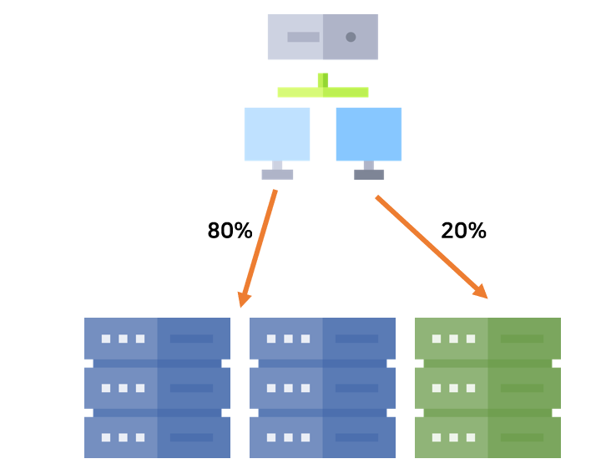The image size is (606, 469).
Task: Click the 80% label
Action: click(x=230, y=232)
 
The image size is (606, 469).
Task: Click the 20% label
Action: click(x=463, y=232)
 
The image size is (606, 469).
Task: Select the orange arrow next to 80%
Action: click(x=259, y=247)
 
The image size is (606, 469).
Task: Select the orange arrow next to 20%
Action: click(x=429, y=245)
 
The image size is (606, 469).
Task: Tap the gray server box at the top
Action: click(x=322, y=37)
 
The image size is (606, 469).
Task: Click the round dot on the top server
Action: click(x=351, y=37)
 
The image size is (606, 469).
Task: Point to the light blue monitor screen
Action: click(x=277, y=134)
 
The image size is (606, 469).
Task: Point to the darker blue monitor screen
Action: click(x=368, y=134)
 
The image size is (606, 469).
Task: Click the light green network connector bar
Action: click(x=323, y=91)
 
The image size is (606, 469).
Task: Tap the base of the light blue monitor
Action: click(x=277, y=174)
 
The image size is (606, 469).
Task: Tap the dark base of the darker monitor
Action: click(x=368, y=174)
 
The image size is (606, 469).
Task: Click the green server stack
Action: click(x=487, y=387)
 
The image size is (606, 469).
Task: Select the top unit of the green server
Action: click(x=487, y=339)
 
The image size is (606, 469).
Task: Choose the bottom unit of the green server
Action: click(x=487, y=437)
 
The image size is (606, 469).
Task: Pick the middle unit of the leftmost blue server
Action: click(x=157, y=388)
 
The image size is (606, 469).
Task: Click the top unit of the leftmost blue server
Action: click(x=157, y=339)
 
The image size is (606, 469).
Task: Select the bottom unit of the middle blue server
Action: click(x=322, y=437)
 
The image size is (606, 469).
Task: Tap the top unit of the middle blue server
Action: click(x=322, y=339)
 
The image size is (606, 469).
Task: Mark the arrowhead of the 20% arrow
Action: click(x=481, y=293)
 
